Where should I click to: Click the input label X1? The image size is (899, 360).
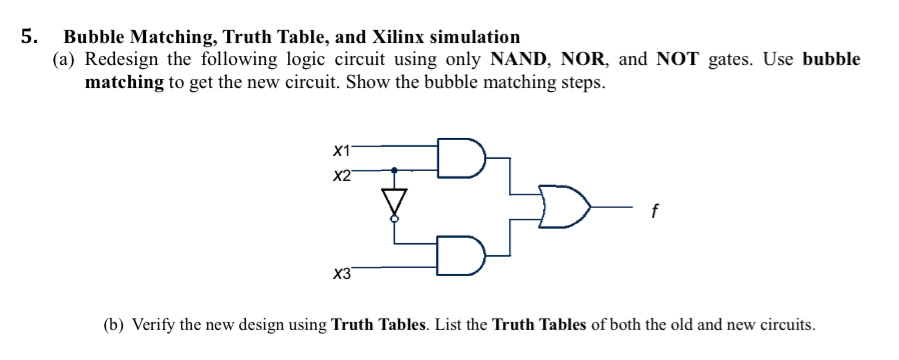[341, 151]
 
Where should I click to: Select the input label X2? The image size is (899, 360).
[341, 176]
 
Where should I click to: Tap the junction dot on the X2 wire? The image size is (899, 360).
[394, 170]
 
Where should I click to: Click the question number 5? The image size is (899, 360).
[31, 38]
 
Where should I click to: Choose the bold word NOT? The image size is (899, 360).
[679, 59]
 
